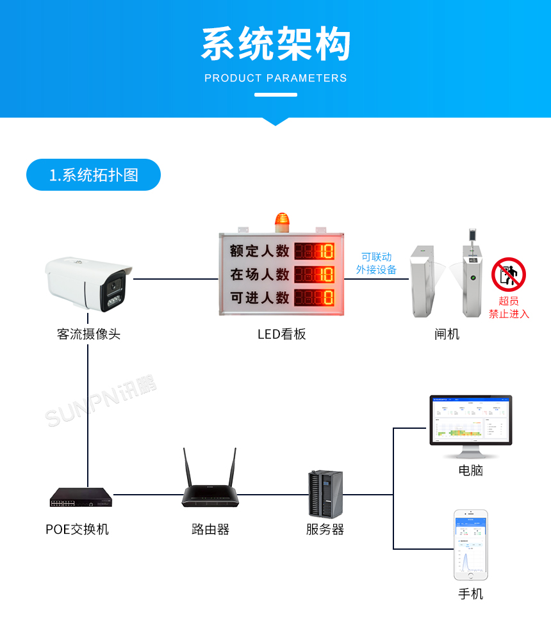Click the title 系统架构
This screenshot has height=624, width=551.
(275, 44)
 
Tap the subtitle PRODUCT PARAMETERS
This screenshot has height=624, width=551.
(275, 78)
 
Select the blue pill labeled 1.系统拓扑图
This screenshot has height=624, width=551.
(94, 175)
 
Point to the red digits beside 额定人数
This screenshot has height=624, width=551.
(314, 251)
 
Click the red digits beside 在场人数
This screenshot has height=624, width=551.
(314, 275)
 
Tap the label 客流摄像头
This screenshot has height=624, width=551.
(88, 334)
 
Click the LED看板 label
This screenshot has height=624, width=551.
(282, 334)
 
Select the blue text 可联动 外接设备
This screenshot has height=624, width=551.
(376, 263)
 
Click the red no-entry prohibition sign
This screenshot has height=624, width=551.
(508, 275)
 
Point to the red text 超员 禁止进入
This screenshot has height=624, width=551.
(509, 307)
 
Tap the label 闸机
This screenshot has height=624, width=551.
(447, 334)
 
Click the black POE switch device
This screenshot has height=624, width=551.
(81, 497)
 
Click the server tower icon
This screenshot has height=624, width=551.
(325, 493)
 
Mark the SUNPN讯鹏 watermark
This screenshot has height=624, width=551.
(101, 403)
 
